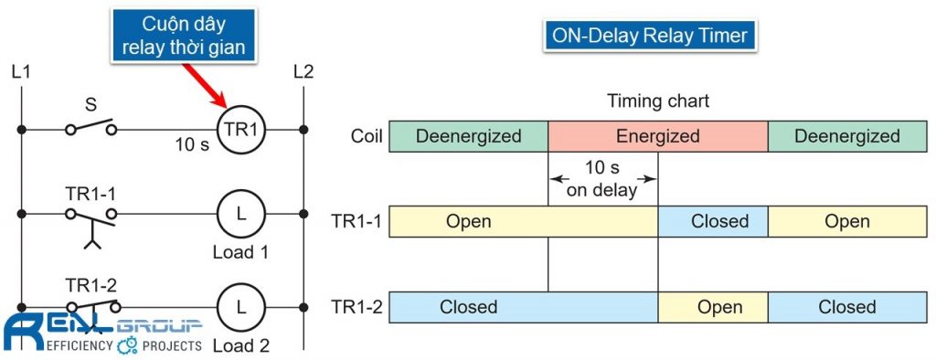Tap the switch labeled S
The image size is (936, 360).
tap(90, 129)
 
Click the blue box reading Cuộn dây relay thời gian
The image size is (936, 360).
tap(184, 36)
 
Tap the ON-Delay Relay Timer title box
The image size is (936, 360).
tap(649, 37)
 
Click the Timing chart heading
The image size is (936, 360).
tap(657, 101)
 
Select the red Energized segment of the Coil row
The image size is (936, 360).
tap(657, 136)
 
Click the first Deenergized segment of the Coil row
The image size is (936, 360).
tap(468, 136)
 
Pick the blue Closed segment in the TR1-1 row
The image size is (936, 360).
tap(712, 221)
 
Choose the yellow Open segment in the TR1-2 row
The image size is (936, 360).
tap(712, 307)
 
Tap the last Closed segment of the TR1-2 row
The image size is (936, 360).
tap(846, 307)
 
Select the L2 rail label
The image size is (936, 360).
tap(303, 71)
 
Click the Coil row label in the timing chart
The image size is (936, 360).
tap(367, 136)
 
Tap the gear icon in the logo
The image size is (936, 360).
tap(127, 345)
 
